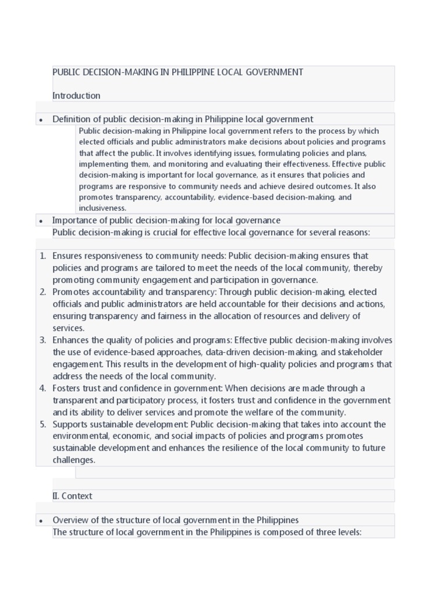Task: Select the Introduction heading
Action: point(76,95)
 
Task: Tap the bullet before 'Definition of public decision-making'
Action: point(41,120)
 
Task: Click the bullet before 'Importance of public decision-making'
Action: point(41,221)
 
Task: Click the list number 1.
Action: point(42,256)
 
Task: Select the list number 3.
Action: point(42,340)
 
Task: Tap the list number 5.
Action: point(42,424)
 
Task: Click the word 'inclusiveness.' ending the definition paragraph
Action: point(102,208)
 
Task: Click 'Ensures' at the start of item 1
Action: point(68,256)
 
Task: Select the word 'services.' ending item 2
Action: point(69,328)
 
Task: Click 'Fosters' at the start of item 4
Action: point(67,388)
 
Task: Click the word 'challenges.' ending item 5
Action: point(74,460)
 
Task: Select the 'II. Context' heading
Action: point(72,496)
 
